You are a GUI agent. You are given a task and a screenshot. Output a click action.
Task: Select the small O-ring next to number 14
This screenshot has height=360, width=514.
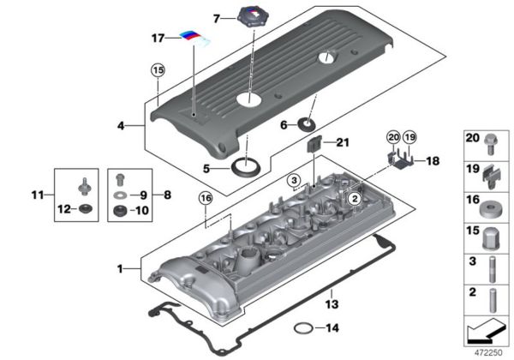(302, 327)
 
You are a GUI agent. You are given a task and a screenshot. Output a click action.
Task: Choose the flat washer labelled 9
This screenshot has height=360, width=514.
(121, 195)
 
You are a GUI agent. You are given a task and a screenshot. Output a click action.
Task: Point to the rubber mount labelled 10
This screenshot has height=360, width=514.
(121, 210)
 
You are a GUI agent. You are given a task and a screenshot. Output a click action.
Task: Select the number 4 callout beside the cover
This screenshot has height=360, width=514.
(123, 125)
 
